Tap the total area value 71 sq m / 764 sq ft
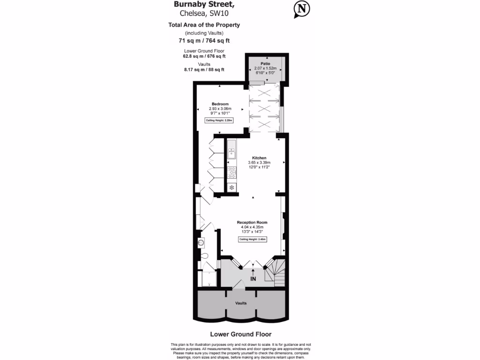click(204, 41)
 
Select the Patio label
click(266, 63)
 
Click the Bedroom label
click(220, 104)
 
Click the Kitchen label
click(259, 158)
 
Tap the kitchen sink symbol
click(232, 153)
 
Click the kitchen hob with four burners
click(232, 172)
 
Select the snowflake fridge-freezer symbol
click(232, 187)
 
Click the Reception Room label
click(252, 222)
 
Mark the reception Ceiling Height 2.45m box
click(253, 240)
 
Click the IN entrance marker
click(253, 279)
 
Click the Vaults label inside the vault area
click(241, 303)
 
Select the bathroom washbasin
click(202, 243)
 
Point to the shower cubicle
click(206, 278)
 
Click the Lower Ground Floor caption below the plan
click(240, 334)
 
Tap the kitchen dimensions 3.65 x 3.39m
click(259, 163)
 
